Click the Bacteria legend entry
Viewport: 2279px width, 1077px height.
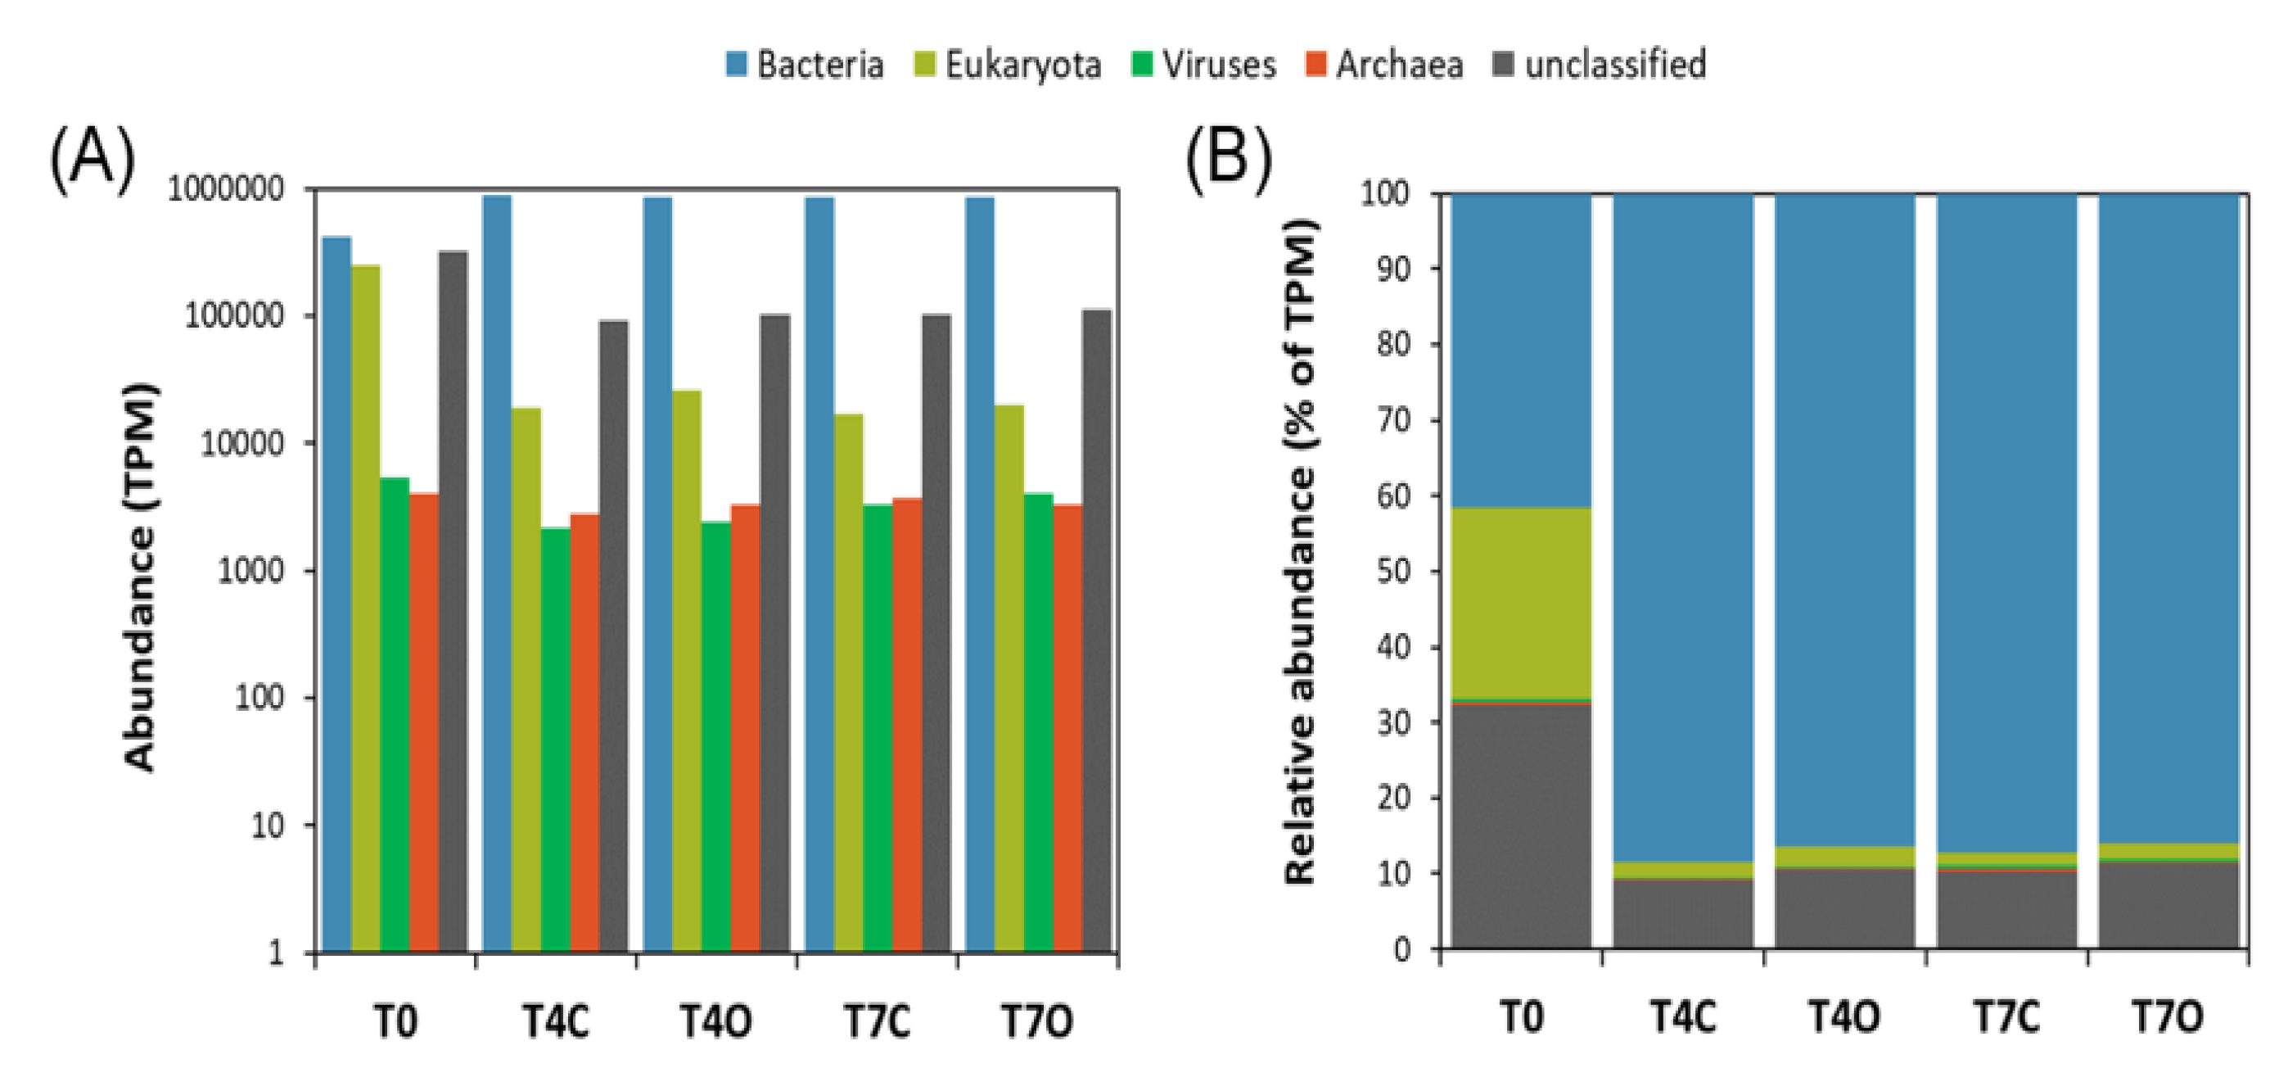pos(805,65)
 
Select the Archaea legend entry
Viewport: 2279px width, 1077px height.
pos(1384,65)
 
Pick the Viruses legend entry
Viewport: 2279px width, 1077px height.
pos(1205,65)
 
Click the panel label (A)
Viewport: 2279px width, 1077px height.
pos(92,159)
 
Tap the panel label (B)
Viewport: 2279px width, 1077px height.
pos(1228,159)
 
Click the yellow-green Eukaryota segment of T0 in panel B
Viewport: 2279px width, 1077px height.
pos(1521,602)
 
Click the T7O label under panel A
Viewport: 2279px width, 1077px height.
pos(1037,1021)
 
